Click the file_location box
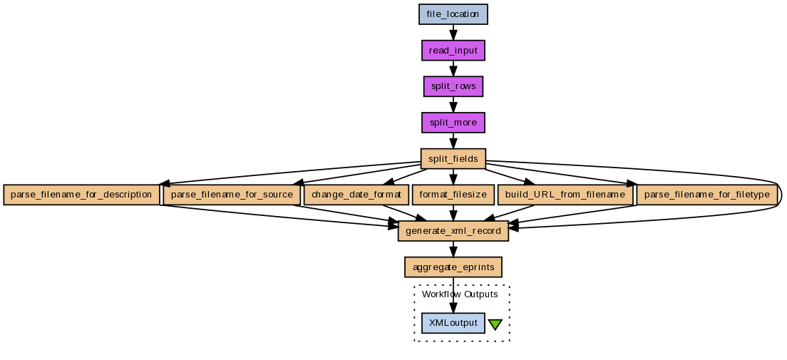(453, 14)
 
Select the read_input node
(453, 50)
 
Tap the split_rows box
(453, 86)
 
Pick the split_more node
(453, 123)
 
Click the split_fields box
(453, 158)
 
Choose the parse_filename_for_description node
(81, 195)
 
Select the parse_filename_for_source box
(232, 195)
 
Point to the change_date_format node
(356, 195)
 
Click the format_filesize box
(453, 195)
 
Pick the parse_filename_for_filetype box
(706, 195)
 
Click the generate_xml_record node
(453, 231)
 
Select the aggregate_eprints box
(453, 267)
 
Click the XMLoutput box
(453, 323)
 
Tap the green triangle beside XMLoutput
(495, 324)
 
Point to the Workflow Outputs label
(460, 294)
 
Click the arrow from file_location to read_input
(453, 32)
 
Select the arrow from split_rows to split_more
(453, 104)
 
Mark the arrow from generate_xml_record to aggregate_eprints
(453, 250)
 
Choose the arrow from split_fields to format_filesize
(453, 177)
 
